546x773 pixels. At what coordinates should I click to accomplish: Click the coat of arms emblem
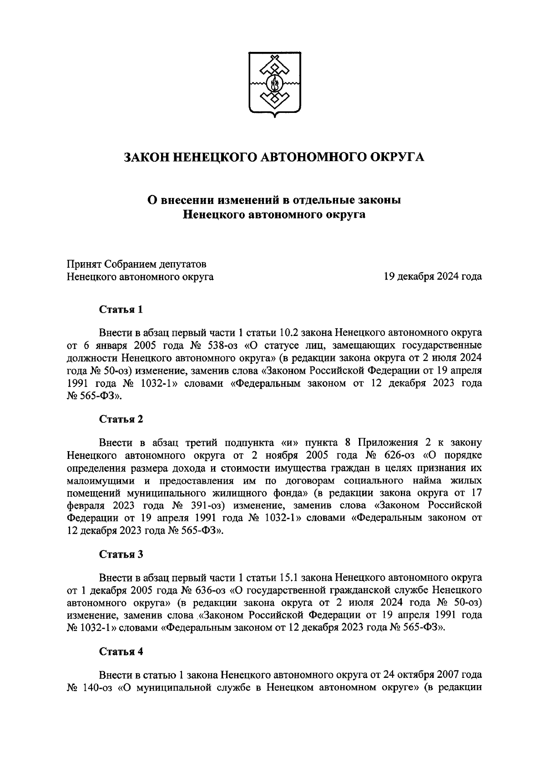(x=274, y=84)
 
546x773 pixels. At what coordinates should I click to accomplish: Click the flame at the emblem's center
(x=274, y=84)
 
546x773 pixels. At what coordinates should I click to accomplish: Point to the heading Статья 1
(x=121, y=310)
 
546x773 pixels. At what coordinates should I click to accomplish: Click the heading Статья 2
(x=121, y=419)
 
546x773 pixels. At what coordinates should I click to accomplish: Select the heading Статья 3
(x=121, y=554)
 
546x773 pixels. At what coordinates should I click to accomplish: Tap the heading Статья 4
(x=121, y=651)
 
